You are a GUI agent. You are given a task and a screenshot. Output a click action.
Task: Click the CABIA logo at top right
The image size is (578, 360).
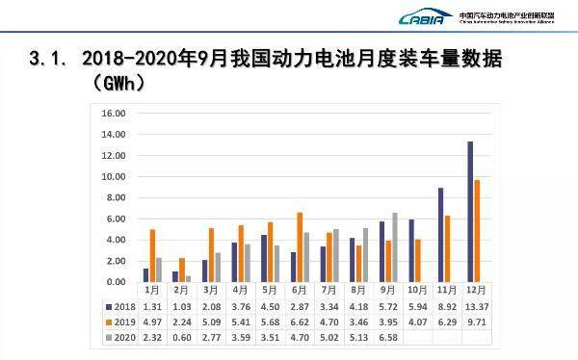423,17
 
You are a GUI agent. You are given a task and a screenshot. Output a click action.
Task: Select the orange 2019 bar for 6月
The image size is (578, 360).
300,247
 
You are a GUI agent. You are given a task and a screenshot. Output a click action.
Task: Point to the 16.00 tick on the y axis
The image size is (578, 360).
114,113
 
